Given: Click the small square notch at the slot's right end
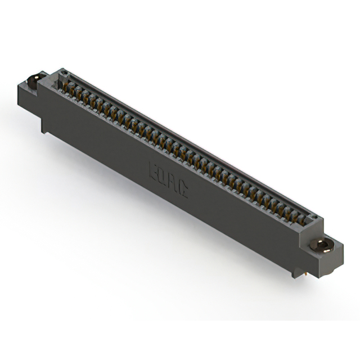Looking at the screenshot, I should [315, 218].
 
